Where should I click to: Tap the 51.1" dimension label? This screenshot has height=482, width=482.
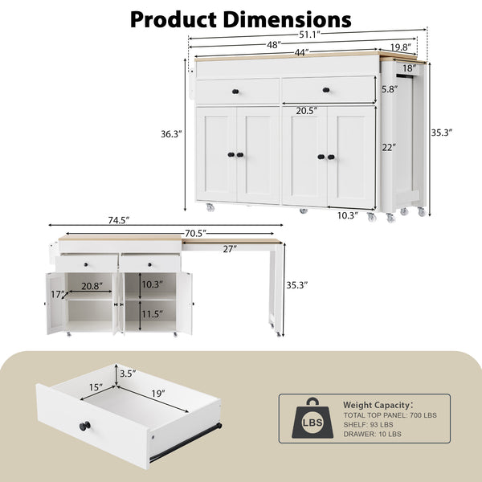point(310,34)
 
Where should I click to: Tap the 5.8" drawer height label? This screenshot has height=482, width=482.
point(390,90)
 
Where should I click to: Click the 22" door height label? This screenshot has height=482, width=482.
point(388,148)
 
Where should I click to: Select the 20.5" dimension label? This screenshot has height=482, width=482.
point(305,110)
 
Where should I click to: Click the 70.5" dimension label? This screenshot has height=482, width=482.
point(194,234)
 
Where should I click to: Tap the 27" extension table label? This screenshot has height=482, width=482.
point(230,249)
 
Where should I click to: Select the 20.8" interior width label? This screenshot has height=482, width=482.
point(91,286)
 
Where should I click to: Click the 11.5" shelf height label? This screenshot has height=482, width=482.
point(152,315)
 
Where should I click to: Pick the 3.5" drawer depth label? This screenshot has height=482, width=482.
point(127,373)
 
